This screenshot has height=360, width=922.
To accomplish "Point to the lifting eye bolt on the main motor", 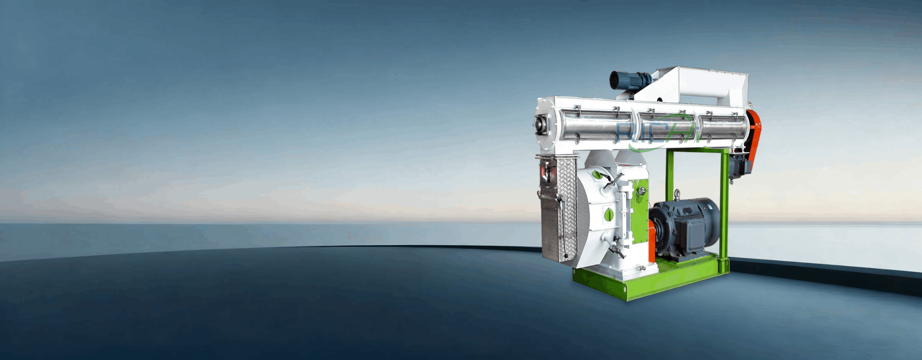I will tap(677, 194).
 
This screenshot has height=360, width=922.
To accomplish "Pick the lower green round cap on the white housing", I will tap(609, 213).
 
